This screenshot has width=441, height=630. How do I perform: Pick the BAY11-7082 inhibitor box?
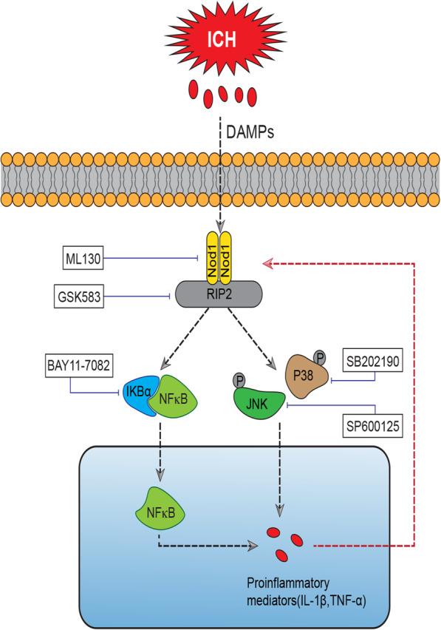76,365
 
